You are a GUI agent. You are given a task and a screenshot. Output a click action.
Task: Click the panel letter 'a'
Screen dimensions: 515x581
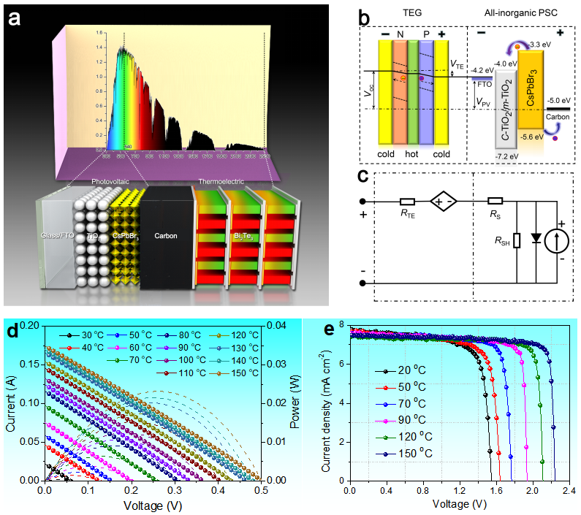15,18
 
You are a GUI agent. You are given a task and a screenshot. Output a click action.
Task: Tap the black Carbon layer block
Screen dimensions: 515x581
166,237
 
